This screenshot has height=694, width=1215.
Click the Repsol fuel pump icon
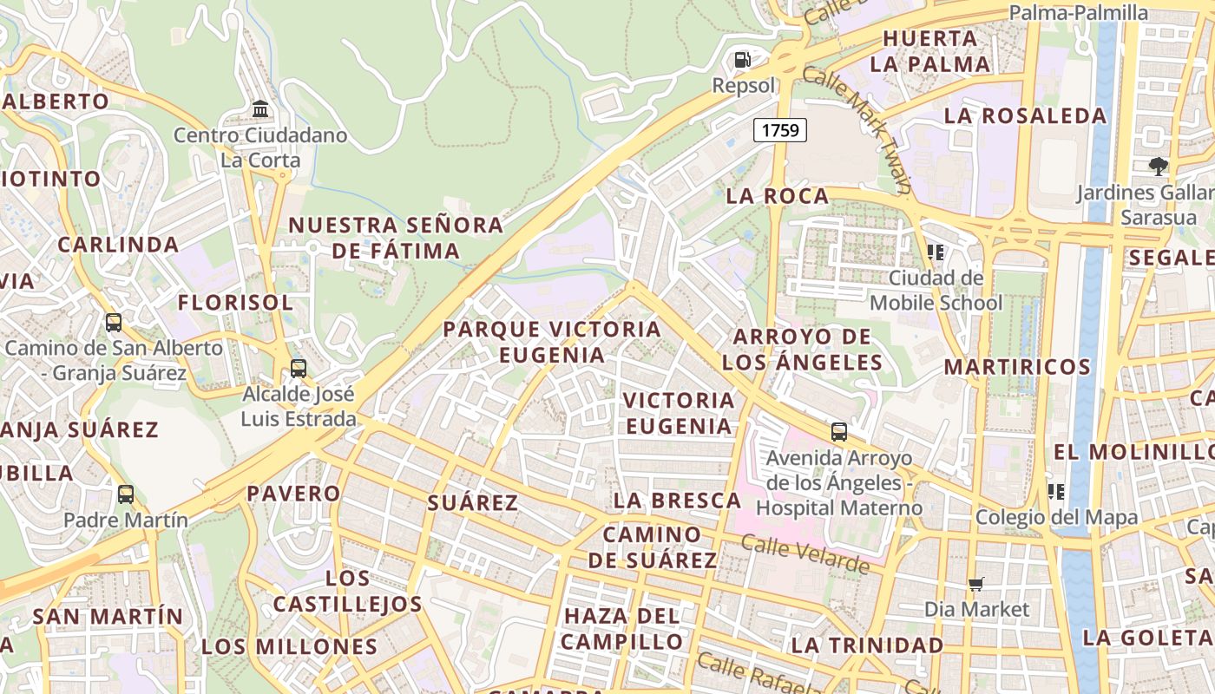(x=742, y=60)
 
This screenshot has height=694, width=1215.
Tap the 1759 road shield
(x=780, y=130)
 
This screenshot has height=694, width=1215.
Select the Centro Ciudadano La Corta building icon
(x=260, y=109)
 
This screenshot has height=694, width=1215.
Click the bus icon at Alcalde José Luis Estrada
(x=299, y=368)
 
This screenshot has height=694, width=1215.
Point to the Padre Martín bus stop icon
(x=126, y=494)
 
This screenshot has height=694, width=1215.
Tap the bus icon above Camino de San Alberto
(x=114, y=323)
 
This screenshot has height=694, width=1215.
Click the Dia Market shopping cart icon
(x=976, y=584)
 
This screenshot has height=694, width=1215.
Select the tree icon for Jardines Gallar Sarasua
(x=1158, y=166)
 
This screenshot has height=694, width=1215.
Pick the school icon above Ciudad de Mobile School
(x=936, y=252)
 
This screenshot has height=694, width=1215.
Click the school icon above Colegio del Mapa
(x=1056, y=492)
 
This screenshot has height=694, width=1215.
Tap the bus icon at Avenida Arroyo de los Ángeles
(x=838, y=431)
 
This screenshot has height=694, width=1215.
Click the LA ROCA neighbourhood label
(x=778, y=196)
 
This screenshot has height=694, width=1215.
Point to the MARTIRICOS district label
(x=1017, y=366)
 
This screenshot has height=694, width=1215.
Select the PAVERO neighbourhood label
(x=293, y=494)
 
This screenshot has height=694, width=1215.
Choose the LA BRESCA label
(x=677, y=501)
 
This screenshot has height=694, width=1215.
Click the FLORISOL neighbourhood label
(x=235, y=303)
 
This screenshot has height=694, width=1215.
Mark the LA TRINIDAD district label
(x=867, y=645)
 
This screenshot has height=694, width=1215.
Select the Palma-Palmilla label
(x=1079, y=12)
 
